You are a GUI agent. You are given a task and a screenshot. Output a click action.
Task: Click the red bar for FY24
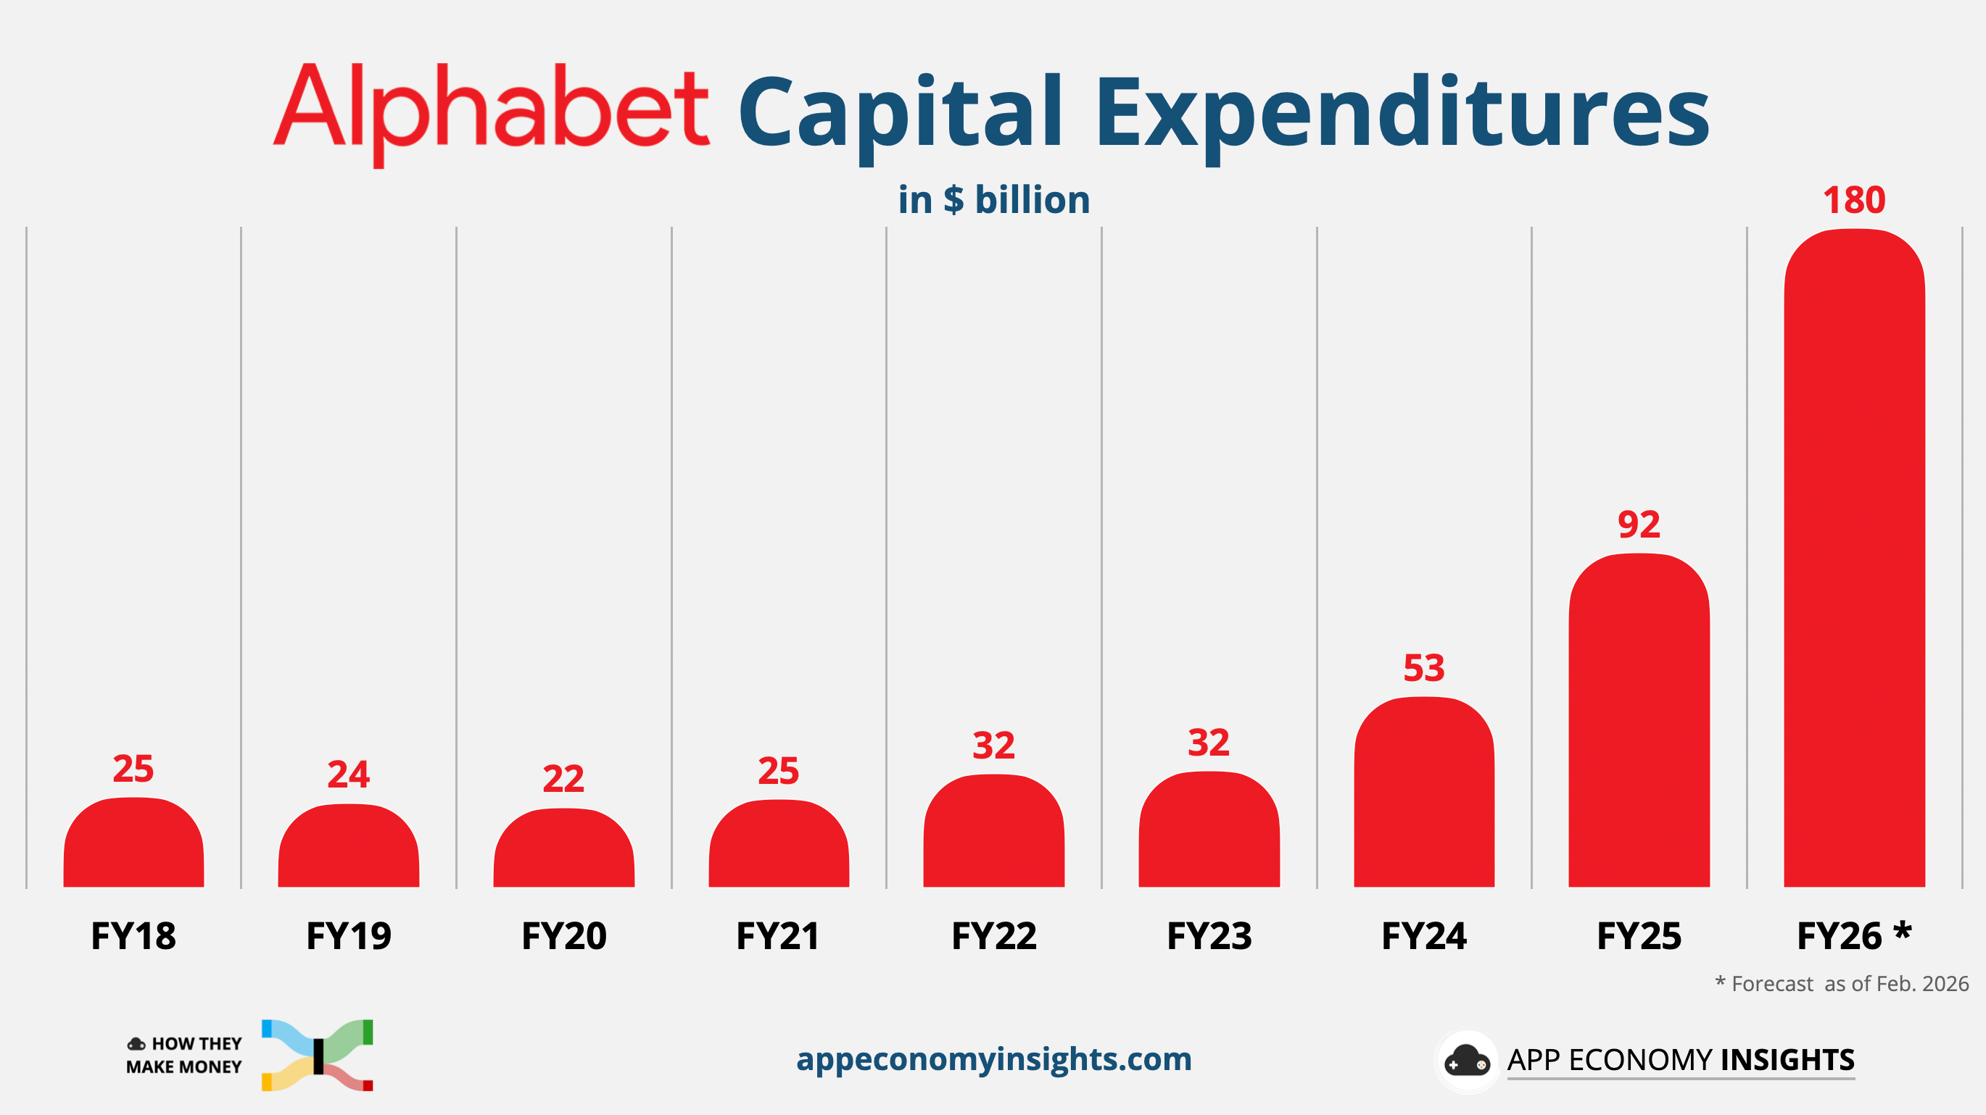click(1424, 793)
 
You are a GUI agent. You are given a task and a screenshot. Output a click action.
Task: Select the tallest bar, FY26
click(1854, 559)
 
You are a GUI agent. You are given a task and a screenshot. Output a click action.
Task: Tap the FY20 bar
click(563, 849)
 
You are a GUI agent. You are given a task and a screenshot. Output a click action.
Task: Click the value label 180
click(1854, 201)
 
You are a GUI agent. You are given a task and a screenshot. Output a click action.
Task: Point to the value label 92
click(1639, 525)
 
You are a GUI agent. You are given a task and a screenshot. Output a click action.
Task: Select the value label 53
click(1424, 668)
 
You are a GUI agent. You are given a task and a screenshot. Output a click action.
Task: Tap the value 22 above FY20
click(563, 778)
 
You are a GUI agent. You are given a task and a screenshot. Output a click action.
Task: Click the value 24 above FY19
click(349, 774)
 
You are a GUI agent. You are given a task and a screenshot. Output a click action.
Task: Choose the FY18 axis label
click(133, 936)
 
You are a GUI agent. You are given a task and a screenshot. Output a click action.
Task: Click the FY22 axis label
click(994, 936)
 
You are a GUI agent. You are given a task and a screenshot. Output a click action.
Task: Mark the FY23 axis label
click(1209, 936)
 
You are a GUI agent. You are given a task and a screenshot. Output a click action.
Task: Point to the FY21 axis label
click(778, 936)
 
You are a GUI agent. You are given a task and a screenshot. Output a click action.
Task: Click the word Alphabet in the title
click(491, 108)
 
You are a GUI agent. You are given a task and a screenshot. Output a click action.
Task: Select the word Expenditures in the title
click(1402, 112)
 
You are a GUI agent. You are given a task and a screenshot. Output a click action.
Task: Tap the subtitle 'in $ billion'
click(994, 201)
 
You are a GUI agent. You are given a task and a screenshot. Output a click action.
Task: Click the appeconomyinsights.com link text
click(994, 1059)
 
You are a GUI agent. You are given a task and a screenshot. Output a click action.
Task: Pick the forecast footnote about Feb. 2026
click(1842, 984)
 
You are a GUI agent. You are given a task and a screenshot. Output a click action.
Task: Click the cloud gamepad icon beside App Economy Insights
click(1466, 1061)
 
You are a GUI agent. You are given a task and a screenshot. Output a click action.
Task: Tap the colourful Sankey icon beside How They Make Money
click(318, 1055)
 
